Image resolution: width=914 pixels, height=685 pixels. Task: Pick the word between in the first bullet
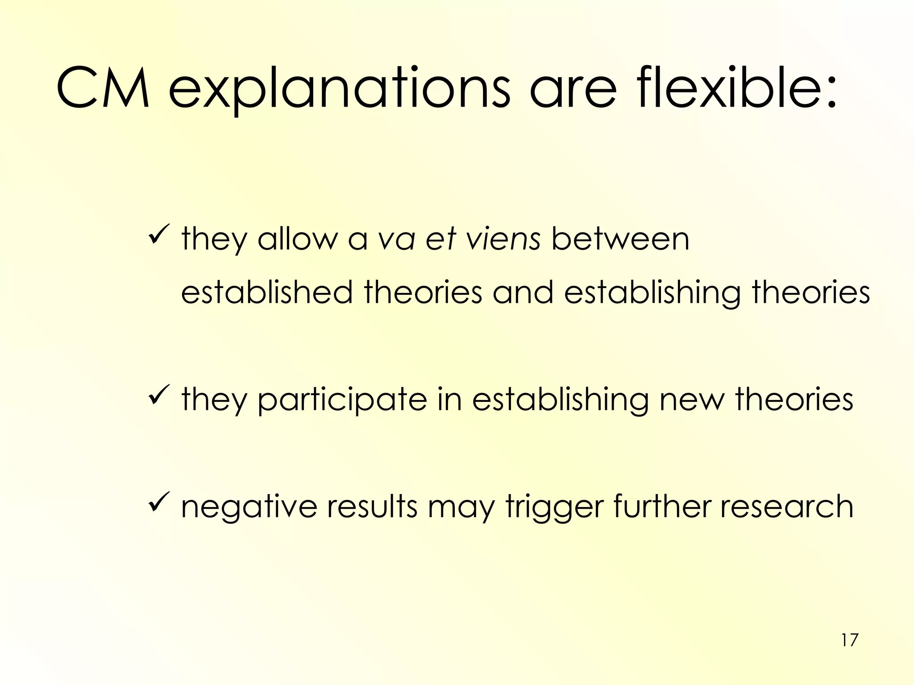[x=620, y=239]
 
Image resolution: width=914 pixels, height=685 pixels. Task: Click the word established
[x=267, y=293]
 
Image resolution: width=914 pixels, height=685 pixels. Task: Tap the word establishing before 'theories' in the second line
[x=652, y=293]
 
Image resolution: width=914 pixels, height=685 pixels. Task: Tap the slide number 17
[x=849, y=640]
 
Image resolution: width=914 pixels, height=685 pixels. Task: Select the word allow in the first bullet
[x=297, y=239]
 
